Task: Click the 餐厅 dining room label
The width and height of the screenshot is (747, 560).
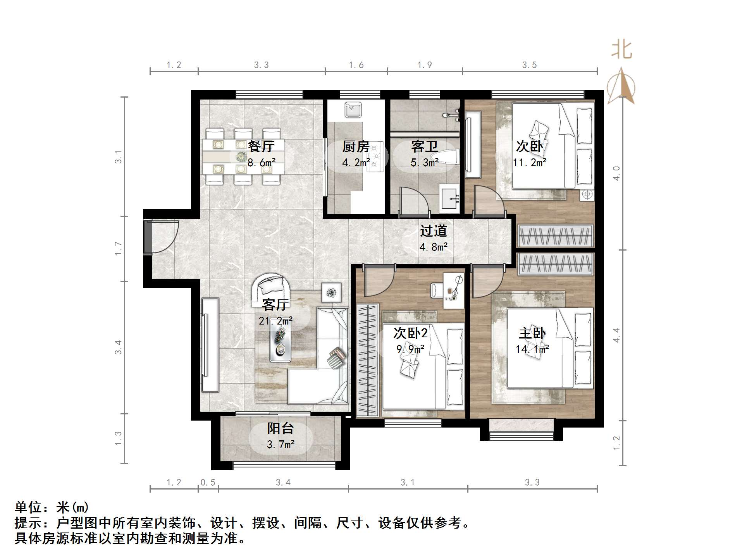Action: tap(261, 146)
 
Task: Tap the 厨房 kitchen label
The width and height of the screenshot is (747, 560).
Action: tap(356, 146)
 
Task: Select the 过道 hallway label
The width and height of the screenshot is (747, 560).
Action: tap(434, 231)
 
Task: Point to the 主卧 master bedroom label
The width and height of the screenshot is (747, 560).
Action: tap(532, 333)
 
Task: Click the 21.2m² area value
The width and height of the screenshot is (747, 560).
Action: tap(275, 321)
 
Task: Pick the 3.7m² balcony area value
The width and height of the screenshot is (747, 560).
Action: tap(281, 444)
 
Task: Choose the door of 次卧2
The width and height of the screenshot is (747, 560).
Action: tap(379, 282)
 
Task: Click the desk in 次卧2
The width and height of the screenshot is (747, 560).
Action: tap(454, 290)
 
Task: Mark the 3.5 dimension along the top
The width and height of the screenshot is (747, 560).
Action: tap(529, 65)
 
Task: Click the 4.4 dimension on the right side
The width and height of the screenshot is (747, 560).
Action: tap(616, 335)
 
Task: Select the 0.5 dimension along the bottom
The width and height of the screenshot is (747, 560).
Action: tap(208, 483)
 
